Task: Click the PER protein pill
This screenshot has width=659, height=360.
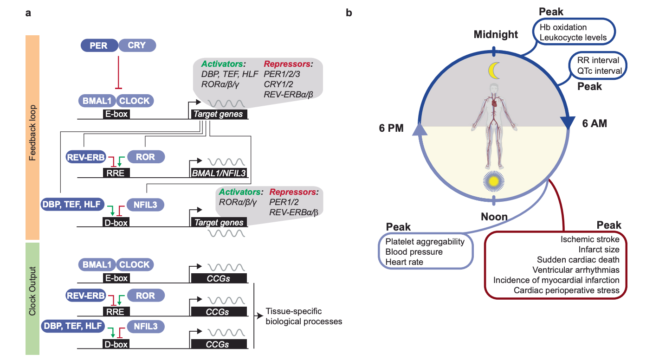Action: coord(99,45)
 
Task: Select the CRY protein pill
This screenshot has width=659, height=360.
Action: coord(137,45)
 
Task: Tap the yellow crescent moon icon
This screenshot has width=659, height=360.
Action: coord(494,71)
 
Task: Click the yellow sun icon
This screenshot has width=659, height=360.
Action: coord(494,181)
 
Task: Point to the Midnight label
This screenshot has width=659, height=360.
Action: coord(496,34)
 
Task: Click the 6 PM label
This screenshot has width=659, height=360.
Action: coord(391,128)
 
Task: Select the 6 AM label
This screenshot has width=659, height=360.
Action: coord(594,123)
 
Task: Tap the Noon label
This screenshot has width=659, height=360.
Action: coord(494,217)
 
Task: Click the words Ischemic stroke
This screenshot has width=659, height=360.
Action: coord(589,239)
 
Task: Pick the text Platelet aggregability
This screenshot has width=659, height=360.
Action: coord(425,242)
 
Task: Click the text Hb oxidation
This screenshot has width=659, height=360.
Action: coord(563,27)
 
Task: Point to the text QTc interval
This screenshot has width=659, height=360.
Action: coord(599,71)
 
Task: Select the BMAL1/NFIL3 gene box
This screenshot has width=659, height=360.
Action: coord(219,173)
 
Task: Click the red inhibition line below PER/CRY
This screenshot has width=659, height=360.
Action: coord(118,72)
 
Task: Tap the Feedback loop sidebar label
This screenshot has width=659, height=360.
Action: coord(32,133)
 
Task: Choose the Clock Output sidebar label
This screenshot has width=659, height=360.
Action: coord(32,291)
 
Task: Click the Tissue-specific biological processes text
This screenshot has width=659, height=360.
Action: coord(304,316)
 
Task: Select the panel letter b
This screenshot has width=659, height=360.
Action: coord(349,13)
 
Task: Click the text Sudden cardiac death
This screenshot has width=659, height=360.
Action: coord(578,260)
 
